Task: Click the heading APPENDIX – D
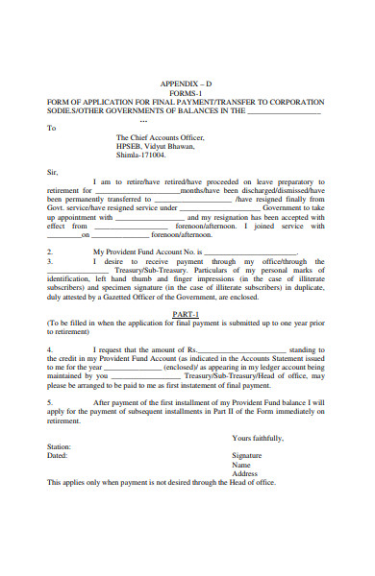click(187, 84)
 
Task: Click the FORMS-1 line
click(187, 93)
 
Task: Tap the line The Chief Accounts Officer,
click(160, 137)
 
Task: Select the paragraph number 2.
click(50, 252)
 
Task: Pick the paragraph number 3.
click(50, 260)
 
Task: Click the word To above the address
click(52, 127)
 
